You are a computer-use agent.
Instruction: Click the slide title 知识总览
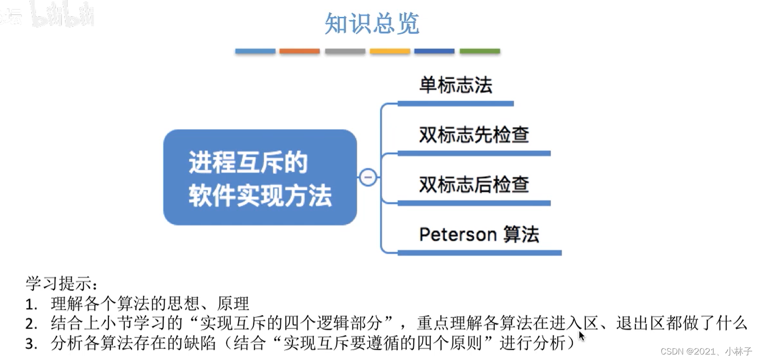[x=371, y=23]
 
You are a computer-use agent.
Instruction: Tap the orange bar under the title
[x=299, y=51]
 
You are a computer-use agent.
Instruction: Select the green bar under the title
[x=479, y=51]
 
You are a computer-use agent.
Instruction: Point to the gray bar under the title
[x=345, y=51]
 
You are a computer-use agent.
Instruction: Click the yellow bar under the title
[x=389, y=51]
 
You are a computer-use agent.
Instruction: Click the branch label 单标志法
[x=456, y=86]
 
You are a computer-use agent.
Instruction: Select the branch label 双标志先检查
[x=474, y=135]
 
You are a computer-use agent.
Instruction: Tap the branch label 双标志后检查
[x=474, y=185]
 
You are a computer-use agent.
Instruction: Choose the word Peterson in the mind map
[x=457, y=234]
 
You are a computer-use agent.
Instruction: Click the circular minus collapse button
[x=368, y=177]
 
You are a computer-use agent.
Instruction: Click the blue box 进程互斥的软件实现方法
[x=260, y=177]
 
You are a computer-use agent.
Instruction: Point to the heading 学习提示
[x=61, y=283]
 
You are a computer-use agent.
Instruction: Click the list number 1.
[x=31, y=304]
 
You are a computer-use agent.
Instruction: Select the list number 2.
[x=31, y=324]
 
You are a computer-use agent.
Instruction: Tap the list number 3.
[x=31, y=344]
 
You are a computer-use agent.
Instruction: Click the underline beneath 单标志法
[x=455, y=104]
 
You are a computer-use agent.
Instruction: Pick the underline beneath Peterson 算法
[x=479, y=253]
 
